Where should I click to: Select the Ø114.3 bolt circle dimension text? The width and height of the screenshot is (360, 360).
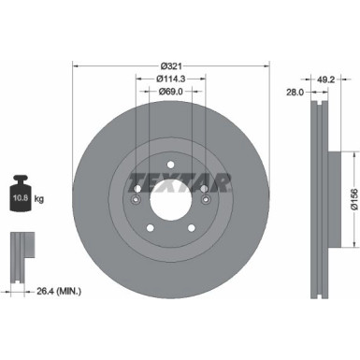coord(168,79)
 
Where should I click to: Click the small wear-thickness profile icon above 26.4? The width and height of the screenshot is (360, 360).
coord(19,246)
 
